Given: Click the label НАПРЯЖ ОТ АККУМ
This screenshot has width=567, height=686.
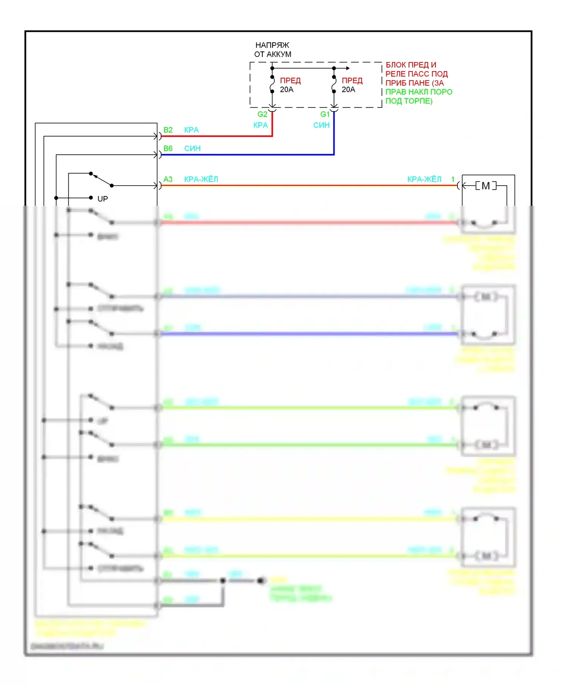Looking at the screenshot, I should pyautogui.click(x=273, y=50).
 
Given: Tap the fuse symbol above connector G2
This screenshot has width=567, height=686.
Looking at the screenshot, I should pyautogui.click(x=272, y=84).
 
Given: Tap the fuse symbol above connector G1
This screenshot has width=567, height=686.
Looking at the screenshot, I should pyautogui.click(x=334, y=84).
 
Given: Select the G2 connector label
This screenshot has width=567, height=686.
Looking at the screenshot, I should pyautogui.click(x=262, y=114).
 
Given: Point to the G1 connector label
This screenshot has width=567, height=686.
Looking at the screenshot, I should pyautogui.click(x=325, y=114).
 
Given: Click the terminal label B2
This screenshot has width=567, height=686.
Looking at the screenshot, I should pyautogui.click(x=168, y=130).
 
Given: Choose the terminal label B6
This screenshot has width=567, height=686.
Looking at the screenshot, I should pyautogui.click(x=168, y=149).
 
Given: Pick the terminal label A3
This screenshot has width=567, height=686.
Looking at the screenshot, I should pyautogui.click(x=168, y=179).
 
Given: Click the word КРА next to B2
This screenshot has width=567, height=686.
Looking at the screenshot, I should pyautogui.click(x=191, y=130).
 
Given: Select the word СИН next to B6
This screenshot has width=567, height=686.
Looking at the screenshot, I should pyautogui.click(x=192, y=149).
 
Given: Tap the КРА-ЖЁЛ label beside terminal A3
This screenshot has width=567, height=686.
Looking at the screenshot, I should pyautogui.click(x=201, y=179).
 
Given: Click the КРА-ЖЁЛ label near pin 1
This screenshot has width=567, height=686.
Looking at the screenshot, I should pyautogui.click(x=424, y=179).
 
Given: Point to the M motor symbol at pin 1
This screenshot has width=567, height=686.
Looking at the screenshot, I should pyautogui.click(x=486, y=186).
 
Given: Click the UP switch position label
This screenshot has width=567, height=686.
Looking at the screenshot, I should pyautogui.click(x=102, y=199).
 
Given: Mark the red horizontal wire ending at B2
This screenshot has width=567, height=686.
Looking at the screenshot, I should pyautogui.click(x=215, y=136).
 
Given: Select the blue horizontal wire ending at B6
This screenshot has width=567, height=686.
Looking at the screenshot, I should pyautogui.click(x=246, y=155).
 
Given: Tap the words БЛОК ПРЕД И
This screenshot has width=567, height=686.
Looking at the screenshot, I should pyautogui.click(x=411, y=65).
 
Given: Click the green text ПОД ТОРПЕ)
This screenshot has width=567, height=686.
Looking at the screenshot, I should pyautogui.click(x=409, y=101).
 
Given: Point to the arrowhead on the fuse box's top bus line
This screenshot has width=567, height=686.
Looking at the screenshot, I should pyautogui.click(x=348, y=68).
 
